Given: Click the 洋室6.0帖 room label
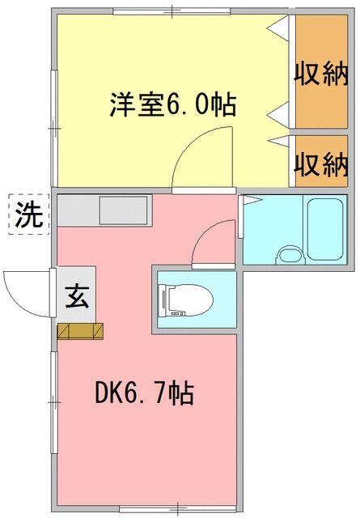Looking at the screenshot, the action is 173,104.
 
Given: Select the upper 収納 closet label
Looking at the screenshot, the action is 321,74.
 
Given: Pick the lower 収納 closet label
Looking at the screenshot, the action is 321,164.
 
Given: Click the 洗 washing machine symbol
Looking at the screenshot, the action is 29,214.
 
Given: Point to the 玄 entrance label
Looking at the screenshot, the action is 77,297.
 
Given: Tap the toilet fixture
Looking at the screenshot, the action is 185,300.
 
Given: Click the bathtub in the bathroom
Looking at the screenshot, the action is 325,230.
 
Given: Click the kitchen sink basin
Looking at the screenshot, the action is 124,210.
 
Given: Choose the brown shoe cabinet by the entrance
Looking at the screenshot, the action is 80,331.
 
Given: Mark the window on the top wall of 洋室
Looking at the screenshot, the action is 172,11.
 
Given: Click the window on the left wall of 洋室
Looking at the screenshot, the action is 54,128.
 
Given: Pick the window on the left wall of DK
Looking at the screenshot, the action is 54,402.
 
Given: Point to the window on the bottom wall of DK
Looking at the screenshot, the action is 178,509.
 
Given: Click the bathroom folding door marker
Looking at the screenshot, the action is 251,200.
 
